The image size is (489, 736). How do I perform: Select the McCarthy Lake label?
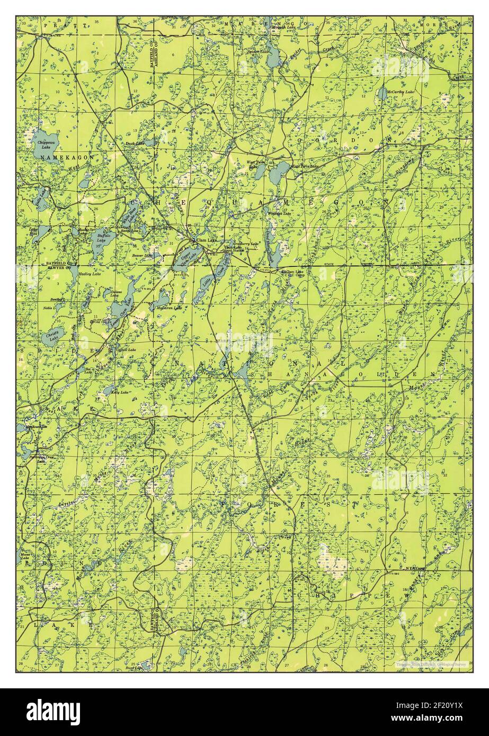[x=401, y=92]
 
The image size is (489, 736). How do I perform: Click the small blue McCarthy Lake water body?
[x=382, y=94]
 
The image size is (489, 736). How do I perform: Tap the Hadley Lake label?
[x=89, y=274]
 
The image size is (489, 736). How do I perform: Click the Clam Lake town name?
[x=207, y=240]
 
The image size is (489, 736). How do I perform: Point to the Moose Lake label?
[x=25, y=558]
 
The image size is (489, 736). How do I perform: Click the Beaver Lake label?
[x=141, y=255]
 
